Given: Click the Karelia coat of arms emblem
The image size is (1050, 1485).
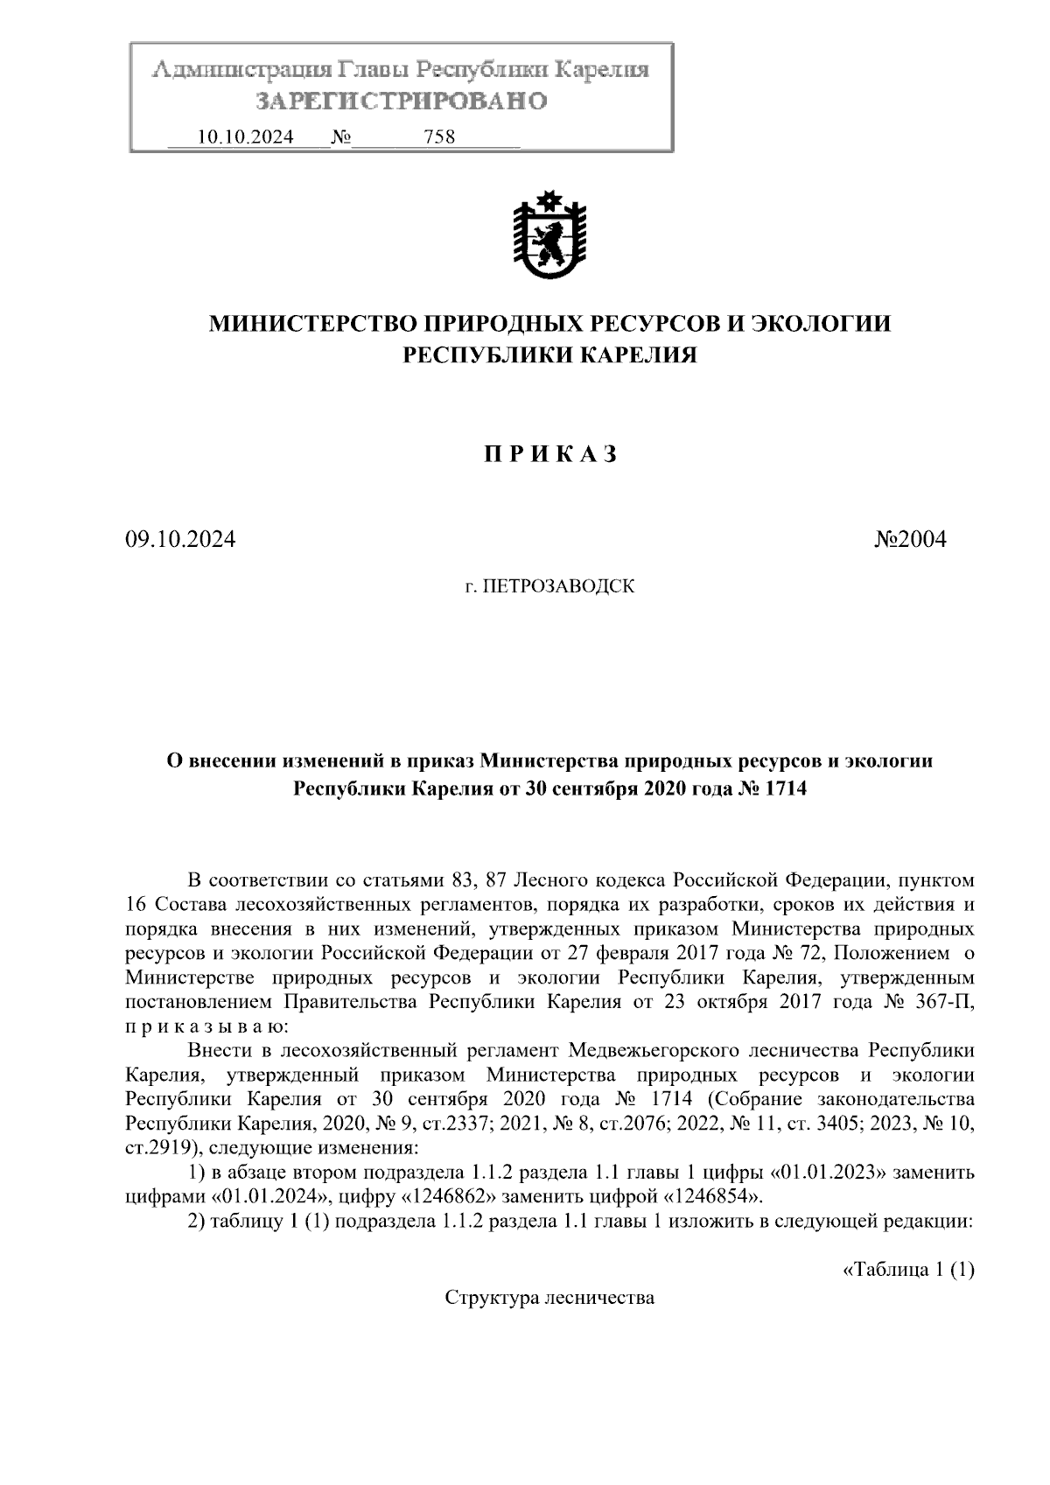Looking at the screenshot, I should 549,235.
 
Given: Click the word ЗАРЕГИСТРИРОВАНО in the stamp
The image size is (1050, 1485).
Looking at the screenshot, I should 401,102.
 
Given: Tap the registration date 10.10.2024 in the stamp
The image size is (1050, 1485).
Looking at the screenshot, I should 246,137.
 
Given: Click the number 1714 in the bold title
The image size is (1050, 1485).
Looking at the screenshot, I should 785,789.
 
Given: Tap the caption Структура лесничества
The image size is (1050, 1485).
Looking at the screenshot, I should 549,1298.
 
